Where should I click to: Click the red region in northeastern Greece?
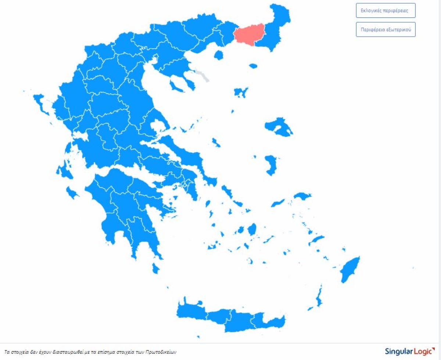coord(249,34)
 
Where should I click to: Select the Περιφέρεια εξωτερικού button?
coord(386,29)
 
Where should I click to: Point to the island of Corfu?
coord(41,104)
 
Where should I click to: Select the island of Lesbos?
coord(278,127)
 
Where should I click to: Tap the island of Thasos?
coord(219,55)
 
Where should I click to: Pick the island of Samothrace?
coord(253,66)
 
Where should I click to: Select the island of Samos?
coord(302,196)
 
